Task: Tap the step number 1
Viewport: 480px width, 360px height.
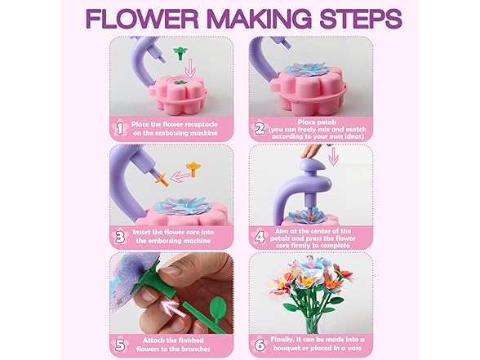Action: point(118,127)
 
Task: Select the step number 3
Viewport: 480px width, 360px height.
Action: point(118,236)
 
